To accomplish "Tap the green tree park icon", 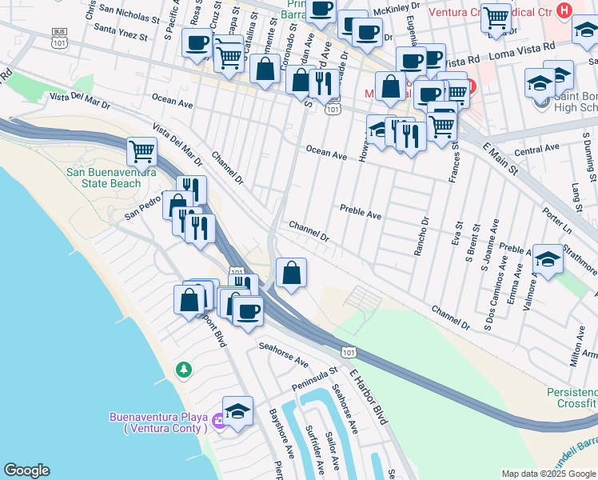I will [x=184, y=369].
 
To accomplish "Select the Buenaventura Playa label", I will [x=158, y=422].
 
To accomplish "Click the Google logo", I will [x=27, y=470].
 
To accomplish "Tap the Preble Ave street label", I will [x=361, y=213].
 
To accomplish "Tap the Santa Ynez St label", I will [x=121, y=36].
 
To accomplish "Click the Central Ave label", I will [x=536, y=150].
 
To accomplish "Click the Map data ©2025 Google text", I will [x=548, y=474].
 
